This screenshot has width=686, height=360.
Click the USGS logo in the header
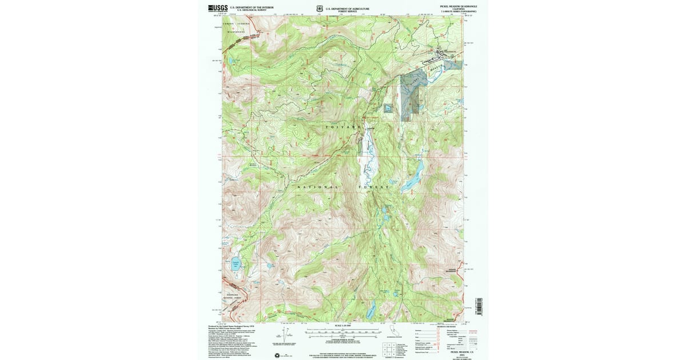(x=218, y=9)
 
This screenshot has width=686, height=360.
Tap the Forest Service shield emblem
(x=320, y=9)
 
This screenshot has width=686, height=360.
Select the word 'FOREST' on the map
(x=374, y=187)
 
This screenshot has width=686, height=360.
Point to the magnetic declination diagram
(x=280, y=334)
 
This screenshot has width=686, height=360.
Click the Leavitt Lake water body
(x=235, y=265)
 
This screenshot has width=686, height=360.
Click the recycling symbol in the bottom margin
(x=278, y=355)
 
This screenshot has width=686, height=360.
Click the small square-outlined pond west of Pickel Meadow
(x=389, y=108)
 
